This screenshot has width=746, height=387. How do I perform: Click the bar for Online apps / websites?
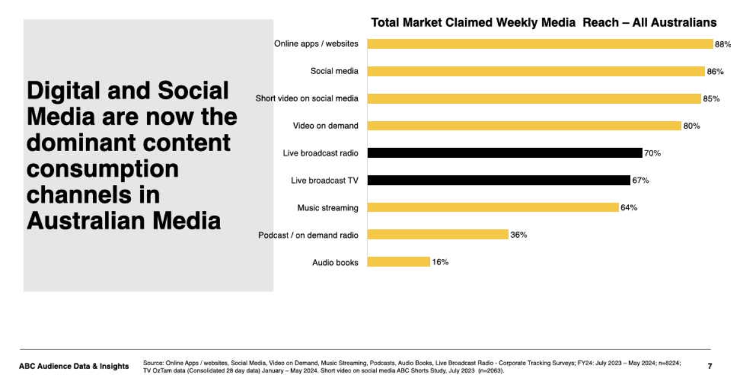(540, 44)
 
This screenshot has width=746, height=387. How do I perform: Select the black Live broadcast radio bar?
(505, 153)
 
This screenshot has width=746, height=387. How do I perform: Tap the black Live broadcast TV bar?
(499, 180)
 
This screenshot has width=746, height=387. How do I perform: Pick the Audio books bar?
(398, 262)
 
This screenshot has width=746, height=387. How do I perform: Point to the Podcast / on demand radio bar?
(437, 235)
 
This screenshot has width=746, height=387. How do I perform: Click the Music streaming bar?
(492, 207)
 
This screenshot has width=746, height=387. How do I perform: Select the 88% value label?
(722, 44)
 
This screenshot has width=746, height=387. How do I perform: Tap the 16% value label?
(440, 263)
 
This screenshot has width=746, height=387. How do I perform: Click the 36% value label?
(519, 235)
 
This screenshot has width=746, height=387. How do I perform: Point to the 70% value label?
(653, 153)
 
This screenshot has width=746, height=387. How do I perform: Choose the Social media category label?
(334, 71)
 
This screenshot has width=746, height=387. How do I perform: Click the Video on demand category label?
(326, 126)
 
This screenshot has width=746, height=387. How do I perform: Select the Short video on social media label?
(307, 98)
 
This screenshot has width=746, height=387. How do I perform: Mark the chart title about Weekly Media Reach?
(543, 22)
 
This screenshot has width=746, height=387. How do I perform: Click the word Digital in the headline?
(64, 91)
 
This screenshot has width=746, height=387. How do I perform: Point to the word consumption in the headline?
(102, 169)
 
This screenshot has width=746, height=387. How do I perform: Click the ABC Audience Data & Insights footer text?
(74, 366)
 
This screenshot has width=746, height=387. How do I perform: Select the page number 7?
(710, 366)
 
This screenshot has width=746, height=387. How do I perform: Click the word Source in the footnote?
(153, 363)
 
